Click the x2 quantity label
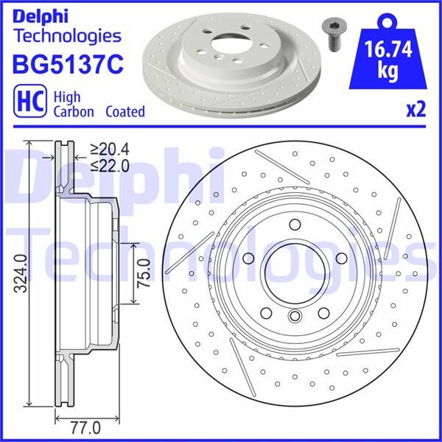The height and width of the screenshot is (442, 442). [415, 110]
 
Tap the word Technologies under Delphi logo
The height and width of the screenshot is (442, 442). [67, 35]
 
